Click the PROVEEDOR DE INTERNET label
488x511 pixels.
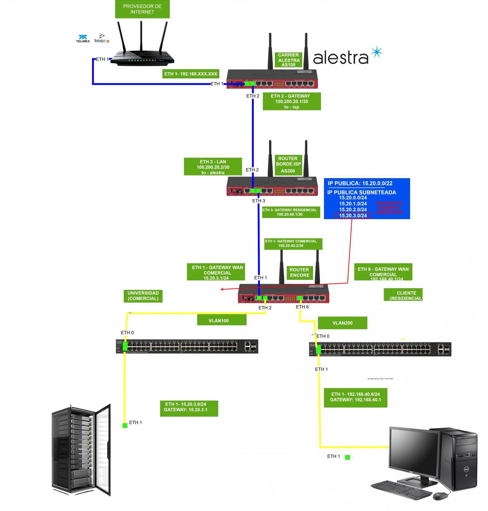point(142,9)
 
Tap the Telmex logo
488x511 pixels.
point(83,38)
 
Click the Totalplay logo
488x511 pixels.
point(102,38)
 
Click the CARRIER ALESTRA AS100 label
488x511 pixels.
point(289,60)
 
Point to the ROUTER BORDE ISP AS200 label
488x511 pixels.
point(288,165)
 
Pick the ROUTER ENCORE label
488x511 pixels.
point(299,273)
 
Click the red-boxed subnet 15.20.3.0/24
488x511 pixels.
point(353,215)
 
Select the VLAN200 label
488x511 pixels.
point(342,323)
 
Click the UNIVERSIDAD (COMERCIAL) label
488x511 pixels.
point(143,296)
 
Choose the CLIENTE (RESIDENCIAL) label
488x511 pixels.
point(403,295)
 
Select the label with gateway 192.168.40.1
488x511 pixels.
point(355,397)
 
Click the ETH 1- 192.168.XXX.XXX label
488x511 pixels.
point(191,74)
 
